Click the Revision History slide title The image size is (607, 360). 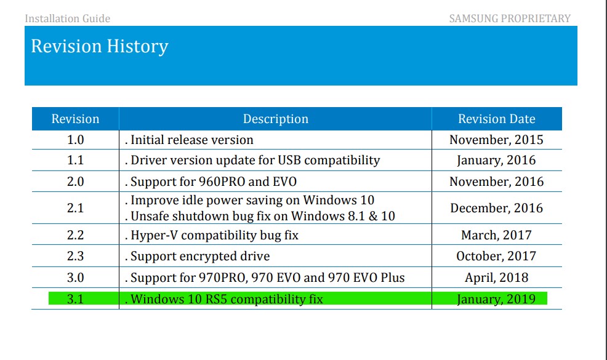coord(100,46)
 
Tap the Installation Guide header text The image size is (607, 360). coord(68,18)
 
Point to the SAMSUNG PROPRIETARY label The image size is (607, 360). coord(510,18)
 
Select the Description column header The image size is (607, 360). coord(275,119)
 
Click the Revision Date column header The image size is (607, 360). coord(496,119)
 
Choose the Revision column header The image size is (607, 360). coord(75,119)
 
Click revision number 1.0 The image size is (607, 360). coord(75,140)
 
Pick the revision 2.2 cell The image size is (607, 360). coord(75,235)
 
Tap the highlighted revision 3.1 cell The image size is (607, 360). coord(75,300)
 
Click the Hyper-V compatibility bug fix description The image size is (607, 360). coord(215,235)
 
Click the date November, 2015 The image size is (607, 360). coord(496,140)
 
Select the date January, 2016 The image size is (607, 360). coord(496,161)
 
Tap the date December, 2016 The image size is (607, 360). coord(496,208)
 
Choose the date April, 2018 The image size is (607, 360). coord(496,278)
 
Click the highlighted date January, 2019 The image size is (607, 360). coord(496,300)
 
